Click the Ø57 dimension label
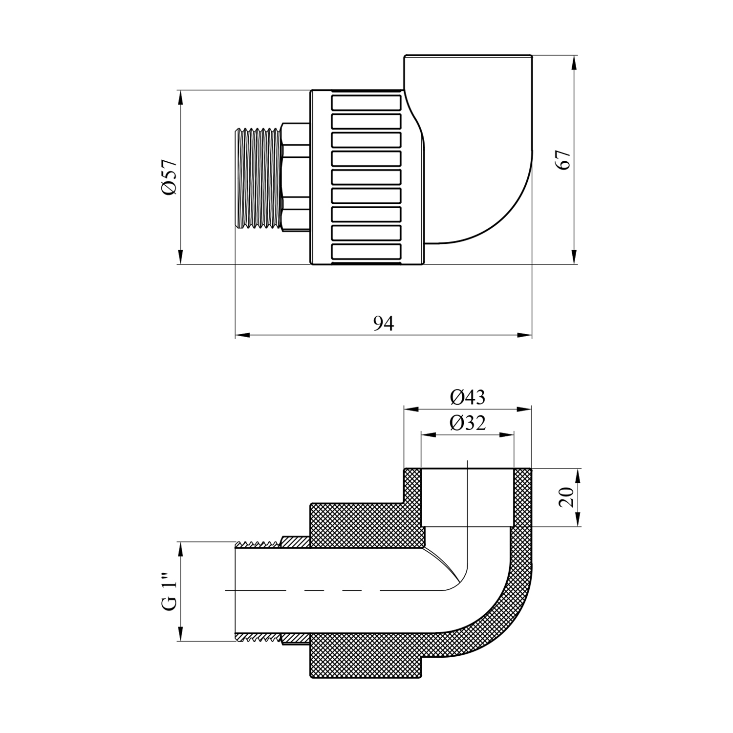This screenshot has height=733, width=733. point(168,177)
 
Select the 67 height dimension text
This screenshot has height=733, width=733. point(563,160)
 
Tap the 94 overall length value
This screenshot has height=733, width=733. point(384,323)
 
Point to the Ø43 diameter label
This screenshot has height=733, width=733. point(468,398)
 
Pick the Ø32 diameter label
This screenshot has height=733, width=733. point(468,423)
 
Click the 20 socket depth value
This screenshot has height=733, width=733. point(567,497)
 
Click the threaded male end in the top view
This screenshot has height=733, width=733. point(257,177)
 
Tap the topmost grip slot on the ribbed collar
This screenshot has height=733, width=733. point(366,103)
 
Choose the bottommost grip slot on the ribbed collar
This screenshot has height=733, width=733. point(366,251)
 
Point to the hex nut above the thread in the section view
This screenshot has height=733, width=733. point(294,542)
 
